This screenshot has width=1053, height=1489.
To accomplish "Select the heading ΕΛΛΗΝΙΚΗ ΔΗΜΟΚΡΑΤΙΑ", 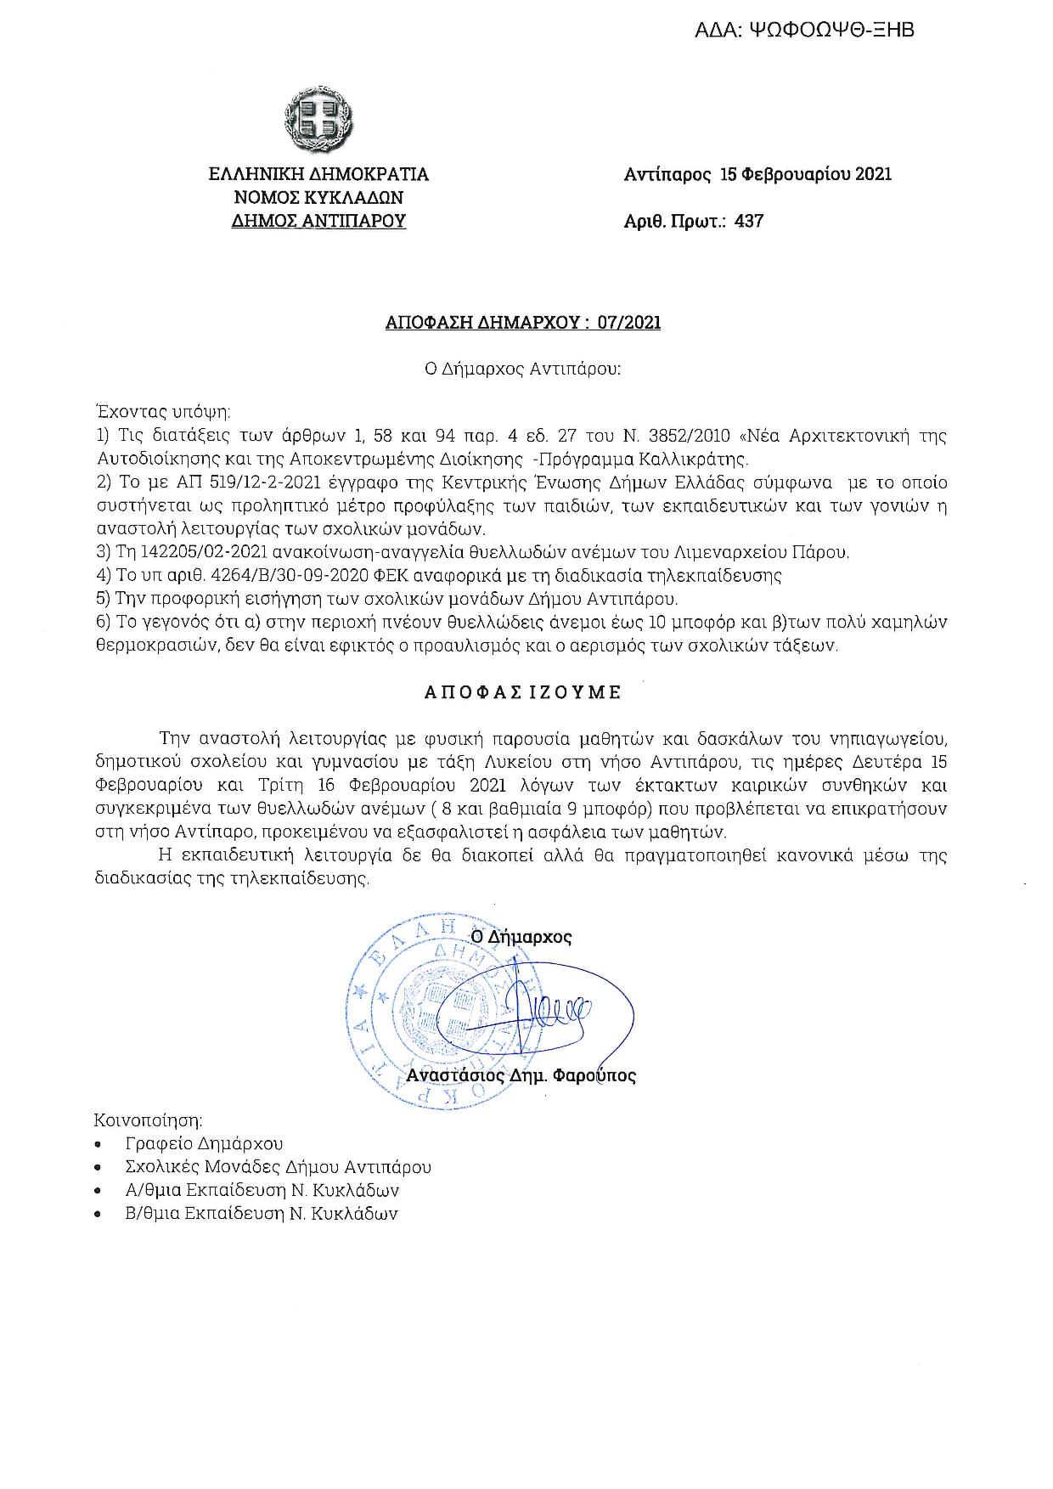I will pyautogui.click(x=319, y=175).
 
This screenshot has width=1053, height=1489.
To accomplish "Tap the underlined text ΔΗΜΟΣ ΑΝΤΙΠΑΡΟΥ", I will pyautogui.click(x=319, y=222).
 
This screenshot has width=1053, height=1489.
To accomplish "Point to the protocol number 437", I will pyautogui.click(x=749, y=222).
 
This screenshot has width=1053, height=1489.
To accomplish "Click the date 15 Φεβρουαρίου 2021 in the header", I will pyautogui.click(x=805, y=175).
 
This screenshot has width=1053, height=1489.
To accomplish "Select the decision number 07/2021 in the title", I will pyautogui.click(x=631, y=323).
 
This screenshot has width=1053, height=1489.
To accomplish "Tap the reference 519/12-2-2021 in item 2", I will pyautogui.click(x=232, y=483).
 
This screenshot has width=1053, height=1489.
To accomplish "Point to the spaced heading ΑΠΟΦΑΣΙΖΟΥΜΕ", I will pyautogui.click(x=523, y=692).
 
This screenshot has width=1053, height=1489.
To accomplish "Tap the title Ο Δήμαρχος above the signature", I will pyautogui.click(x=521, y=937).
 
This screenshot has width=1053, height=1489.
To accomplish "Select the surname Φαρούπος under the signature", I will pyautogui.click(x=594, y=1075).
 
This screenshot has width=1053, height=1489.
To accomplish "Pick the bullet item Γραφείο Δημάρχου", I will pyautogui.click(x=204, y=1143).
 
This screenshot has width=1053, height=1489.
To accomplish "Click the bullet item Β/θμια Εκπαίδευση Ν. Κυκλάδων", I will pyautogui.click(x=261, y=1213).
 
